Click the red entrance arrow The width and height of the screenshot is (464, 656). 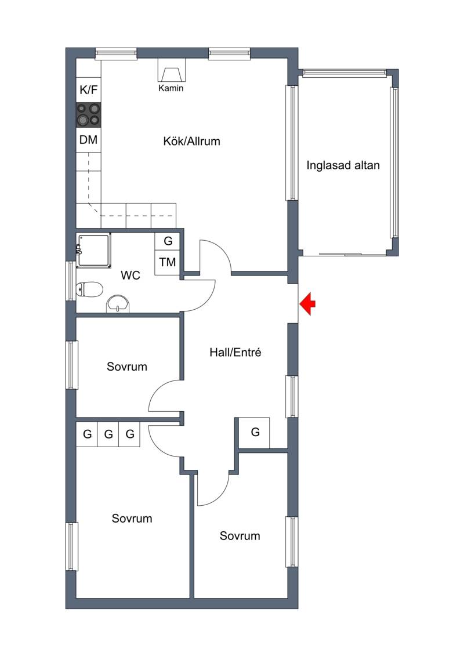click(x=307, y=304)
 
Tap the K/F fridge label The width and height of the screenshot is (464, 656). click(x=88, y=89)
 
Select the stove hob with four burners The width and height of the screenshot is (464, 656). click(x=88, y=115)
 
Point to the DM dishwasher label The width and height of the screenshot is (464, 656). click(x=88, y=140)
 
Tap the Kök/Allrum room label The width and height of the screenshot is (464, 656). click(x=191, y=142)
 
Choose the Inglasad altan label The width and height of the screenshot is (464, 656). click(x=343, y=165)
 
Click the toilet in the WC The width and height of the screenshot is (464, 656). click(x=89, y=289)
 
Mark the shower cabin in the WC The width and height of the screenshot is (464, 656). click(x=94, y=250)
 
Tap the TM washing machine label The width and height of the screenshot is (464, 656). click(x=168, y=262)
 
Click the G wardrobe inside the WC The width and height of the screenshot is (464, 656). click(x=168, y=241)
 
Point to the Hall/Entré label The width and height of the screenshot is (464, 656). click(x=235, y=353)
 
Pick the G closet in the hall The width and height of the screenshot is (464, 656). click(x=255, y=432)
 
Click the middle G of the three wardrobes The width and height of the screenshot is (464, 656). click(x=108, y=434)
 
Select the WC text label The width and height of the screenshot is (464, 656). click(x=130, y=276)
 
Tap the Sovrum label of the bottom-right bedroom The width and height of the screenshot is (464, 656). click(x=240, y=536)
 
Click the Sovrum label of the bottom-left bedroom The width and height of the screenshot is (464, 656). click(x=132, y=519)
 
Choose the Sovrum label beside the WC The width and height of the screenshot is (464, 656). click(x=127, y=367)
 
